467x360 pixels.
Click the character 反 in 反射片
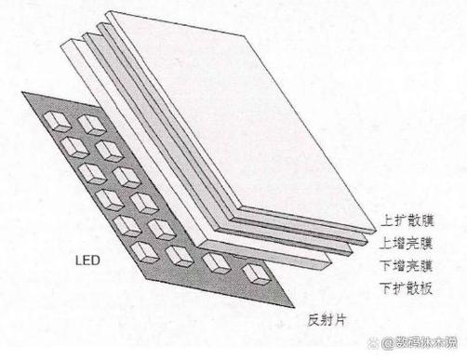tap(313, 321)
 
